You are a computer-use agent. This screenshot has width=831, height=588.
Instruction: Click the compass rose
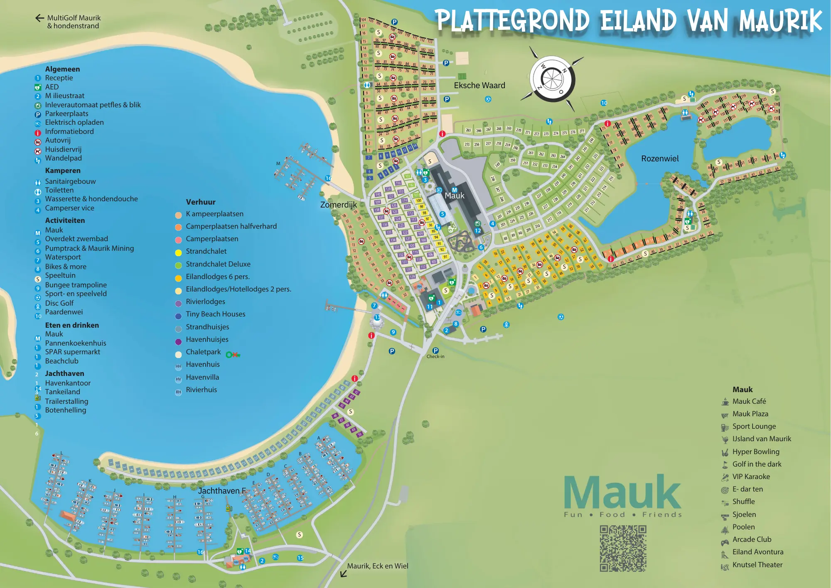coord(552,79)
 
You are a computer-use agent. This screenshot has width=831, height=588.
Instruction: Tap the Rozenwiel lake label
coord(659,158)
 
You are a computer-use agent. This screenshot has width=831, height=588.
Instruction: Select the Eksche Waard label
coord(479,85)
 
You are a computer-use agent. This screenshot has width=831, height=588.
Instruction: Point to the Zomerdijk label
coord(338,205)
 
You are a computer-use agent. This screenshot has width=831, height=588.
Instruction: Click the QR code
coord(623,548)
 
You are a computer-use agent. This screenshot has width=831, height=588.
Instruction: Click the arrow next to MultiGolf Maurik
coord(39,18)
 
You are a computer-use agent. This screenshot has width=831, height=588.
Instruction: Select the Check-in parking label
coord(435,356)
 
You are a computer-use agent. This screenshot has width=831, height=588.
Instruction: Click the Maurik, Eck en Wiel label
coord(377,566)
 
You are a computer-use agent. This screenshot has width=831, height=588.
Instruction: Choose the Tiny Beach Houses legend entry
coord(215,314)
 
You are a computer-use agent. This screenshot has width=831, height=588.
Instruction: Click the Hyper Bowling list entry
coord(755,452)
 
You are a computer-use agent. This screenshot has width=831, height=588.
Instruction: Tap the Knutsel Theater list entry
coord(757,565)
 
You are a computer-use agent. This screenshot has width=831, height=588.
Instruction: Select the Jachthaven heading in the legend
coord(64,373)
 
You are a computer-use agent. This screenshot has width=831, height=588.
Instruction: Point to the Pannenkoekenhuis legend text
coord(75,343)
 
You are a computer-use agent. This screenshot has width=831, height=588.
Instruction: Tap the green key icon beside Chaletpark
coord(233,355)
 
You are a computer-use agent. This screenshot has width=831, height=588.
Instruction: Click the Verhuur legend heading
coord(201,202)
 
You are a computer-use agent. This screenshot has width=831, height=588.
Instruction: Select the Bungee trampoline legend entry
coord(76,285)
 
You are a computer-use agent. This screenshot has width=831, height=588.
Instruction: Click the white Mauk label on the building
coord(455,195)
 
